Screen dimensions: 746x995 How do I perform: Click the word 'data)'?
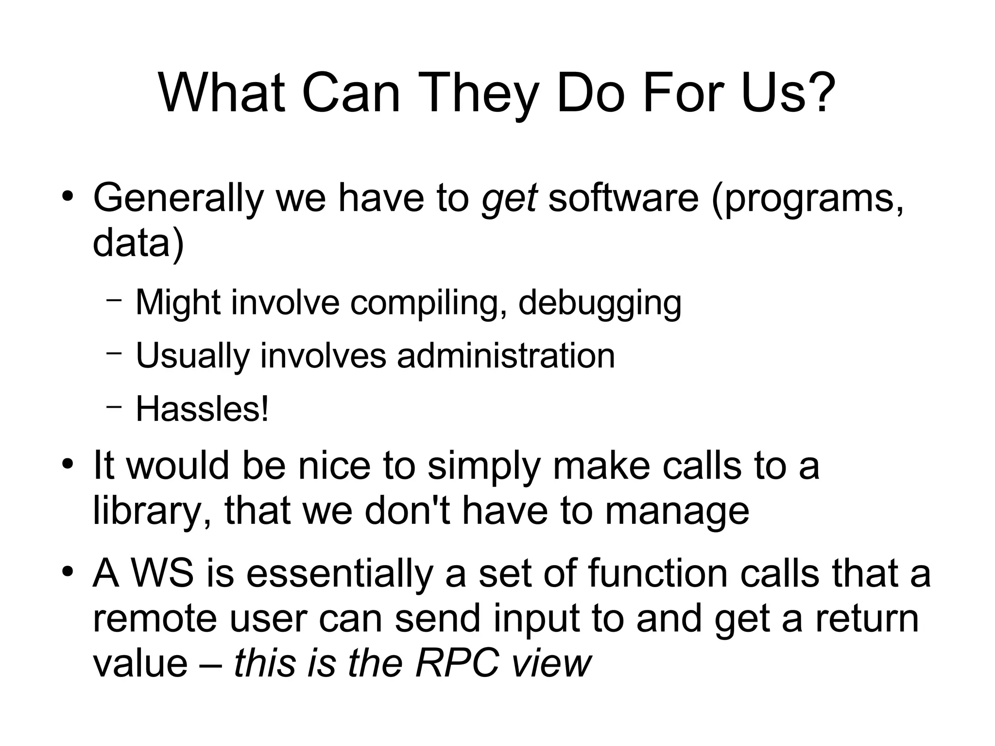pyautogui.click(x=138, y=243)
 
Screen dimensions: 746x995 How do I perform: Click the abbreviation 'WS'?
pyautogui.click(x=163, y=573)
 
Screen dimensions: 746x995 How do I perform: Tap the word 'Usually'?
pyautogui.click(x=192, y=357)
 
